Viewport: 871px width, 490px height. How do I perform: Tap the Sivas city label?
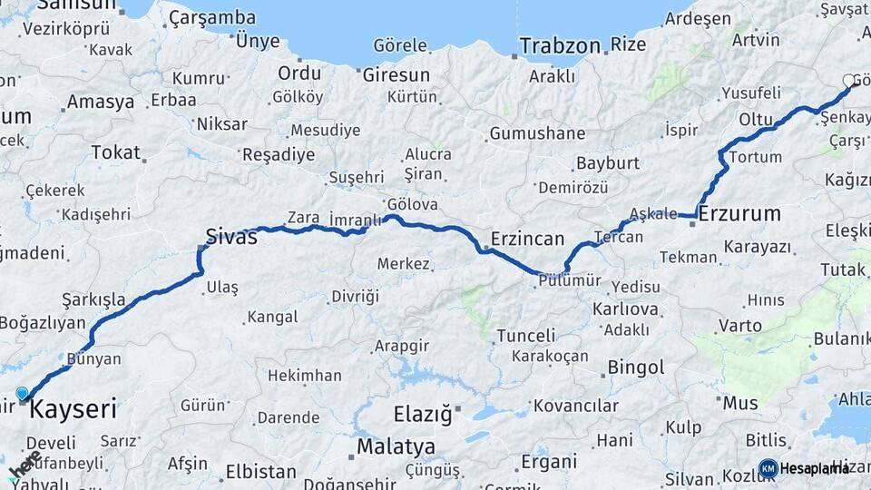[231, 238]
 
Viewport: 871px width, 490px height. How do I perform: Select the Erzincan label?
[527, 239]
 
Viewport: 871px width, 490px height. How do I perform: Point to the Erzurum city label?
[739, 214]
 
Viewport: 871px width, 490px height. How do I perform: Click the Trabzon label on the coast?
[560, 45]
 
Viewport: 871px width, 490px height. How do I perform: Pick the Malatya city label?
[396, 446]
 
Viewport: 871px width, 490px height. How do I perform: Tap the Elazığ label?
[422, 415]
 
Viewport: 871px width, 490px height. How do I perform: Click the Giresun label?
[396, 74]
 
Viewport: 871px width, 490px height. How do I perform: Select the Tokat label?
[115, 152]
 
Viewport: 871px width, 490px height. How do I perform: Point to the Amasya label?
[100, 102]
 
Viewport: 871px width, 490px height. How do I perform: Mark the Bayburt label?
[607, 164]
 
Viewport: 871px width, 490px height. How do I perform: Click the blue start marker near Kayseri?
[23, 394]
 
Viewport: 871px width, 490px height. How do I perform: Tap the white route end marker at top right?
[848, 82]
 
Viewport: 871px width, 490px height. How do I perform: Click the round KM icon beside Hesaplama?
[768, 468]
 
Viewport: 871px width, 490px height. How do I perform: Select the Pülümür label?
[569, 280]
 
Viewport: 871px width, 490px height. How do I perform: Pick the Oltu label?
[755, 119]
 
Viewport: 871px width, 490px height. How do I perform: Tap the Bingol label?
[635, 367]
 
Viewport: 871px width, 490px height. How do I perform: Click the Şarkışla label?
[93, 299]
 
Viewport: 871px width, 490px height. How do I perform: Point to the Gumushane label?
[537, 133]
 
